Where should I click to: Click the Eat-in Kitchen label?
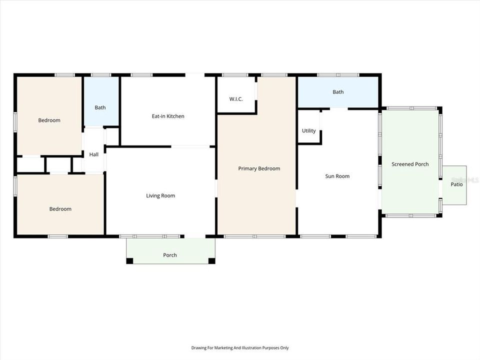[x=168, y=116]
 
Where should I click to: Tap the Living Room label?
[x=160, y=195]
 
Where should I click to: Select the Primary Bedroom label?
[x=259, y=168]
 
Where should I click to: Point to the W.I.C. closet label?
[x=236, y=99]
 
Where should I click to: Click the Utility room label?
[x=308, y=131]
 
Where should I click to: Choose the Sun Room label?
[x=337, y=176]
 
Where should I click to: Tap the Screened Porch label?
[x=410, y=164]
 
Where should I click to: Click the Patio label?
[x=456, y=184]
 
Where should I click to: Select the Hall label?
[x=94, y=154]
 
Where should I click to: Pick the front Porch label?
[x=170, y=255]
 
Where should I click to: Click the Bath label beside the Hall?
[x=100, y=107]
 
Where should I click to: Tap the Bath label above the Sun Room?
[x=338, y=92]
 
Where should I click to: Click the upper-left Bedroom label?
[x=49, y=120]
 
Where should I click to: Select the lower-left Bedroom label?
[x=60, y=209]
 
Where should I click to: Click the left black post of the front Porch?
[x=130, y=260]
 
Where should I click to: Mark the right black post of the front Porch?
[x=211, y=260]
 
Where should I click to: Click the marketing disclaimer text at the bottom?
[x=240, y=348]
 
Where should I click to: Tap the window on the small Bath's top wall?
[x=101, y=75]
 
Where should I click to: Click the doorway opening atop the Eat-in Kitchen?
[x=195, y=75]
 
